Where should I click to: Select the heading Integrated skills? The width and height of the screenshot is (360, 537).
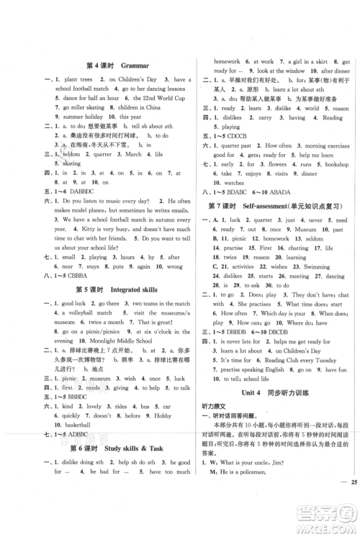132,289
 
